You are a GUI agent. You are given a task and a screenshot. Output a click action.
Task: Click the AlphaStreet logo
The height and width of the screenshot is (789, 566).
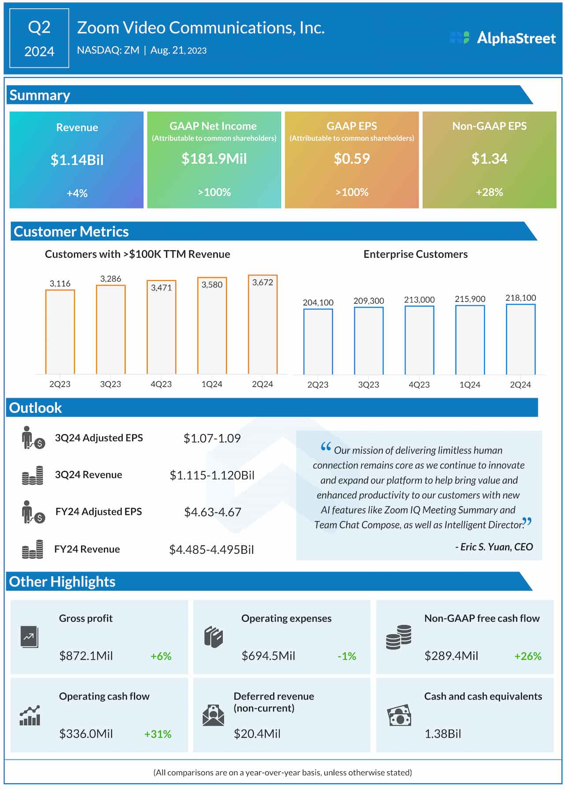coord(503,38)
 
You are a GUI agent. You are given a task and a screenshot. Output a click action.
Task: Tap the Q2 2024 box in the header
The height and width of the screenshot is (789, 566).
coord(39,38)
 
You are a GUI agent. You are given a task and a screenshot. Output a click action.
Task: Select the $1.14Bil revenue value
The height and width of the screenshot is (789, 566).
coord(77,159)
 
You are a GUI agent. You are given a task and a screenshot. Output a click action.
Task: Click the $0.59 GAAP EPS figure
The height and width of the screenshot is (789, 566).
coord(351,159)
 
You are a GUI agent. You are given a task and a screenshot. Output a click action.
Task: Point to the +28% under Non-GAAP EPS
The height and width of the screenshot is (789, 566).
coord(489,192)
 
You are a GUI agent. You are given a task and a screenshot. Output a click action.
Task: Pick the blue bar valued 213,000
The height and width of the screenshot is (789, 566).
coord(419,340)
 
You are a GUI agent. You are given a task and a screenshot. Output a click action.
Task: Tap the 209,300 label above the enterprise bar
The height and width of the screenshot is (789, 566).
coord(369,301)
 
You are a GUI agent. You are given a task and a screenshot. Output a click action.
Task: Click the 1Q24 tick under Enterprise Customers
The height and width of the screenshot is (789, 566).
coord(469,385)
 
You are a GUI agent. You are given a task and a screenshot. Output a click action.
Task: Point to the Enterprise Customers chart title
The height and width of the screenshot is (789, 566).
coord(415,254)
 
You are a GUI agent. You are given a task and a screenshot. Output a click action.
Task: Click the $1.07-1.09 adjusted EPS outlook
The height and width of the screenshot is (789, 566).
coord(212,438)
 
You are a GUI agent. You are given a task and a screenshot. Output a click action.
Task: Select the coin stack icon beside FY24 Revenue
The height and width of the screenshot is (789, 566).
coord(33,549)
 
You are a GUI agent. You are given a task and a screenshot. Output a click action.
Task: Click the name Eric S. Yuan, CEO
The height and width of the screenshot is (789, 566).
coord(494,547)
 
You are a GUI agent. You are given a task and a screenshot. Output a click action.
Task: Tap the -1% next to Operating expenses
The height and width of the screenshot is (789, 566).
coord(346,656)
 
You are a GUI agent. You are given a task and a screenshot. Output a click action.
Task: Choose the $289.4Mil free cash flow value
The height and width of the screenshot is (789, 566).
coord(451,656)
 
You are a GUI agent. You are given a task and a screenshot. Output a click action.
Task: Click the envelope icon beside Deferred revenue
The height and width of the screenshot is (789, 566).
coord(213,715)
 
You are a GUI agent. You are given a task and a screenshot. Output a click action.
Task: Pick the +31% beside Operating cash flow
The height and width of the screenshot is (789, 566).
coord(158,734)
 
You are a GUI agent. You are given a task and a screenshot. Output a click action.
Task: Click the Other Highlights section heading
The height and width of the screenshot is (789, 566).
coord(62,582)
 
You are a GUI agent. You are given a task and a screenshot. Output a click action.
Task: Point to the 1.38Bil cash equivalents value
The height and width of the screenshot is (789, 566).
coord(443,734)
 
